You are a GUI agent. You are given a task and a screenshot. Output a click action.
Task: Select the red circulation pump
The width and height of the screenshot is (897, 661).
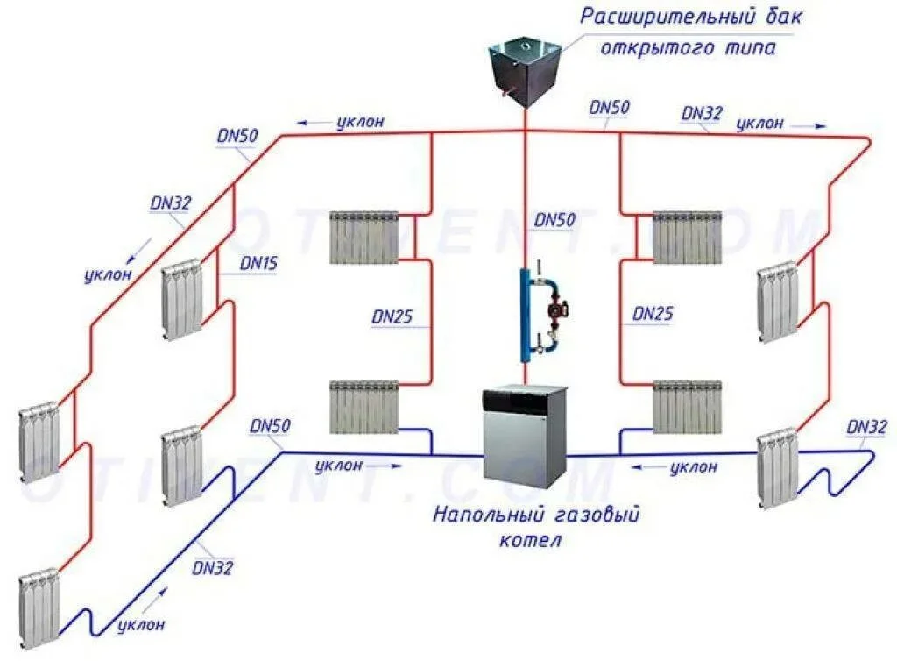(x=556, y=309)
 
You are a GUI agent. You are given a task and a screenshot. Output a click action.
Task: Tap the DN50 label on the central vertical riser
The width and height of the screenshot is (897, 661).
(x=554, y=221)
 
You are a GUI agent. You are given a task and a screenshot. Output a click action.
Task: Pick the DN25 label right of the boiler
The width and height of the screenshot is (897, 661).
(x=653, y=313)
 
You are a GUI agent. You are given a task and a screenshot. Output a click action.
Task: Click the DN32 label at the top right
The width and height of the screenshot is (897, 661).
(x=703, y=114)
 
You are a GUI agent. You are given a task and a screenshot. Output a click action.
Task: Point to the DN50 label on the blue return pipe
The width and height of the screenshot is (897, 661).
(x=271, y=426)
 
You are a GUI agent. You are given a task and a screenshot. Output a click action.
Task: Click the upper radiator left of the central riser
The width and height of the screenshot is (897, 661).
(x=364, y=237)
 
